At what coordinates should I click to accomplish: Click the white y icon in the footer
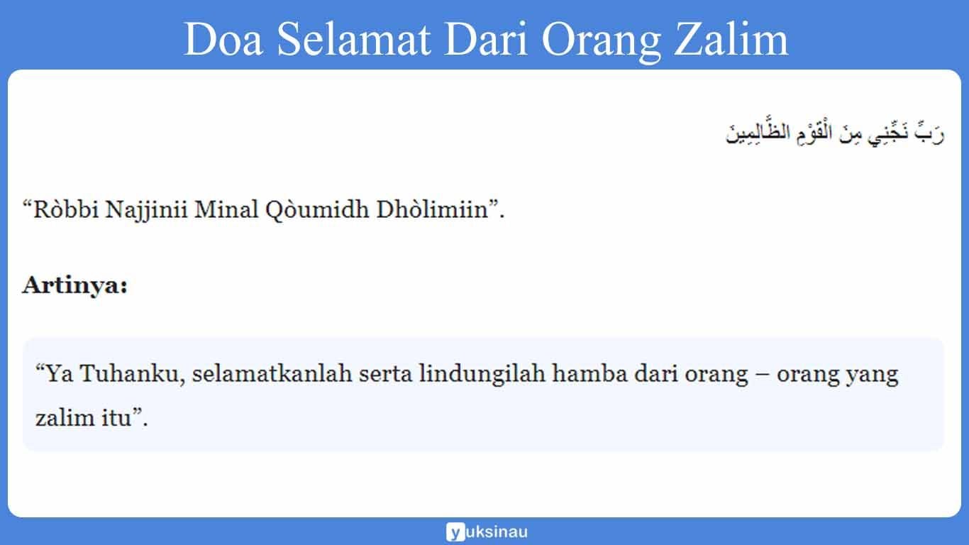[455, 532]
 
